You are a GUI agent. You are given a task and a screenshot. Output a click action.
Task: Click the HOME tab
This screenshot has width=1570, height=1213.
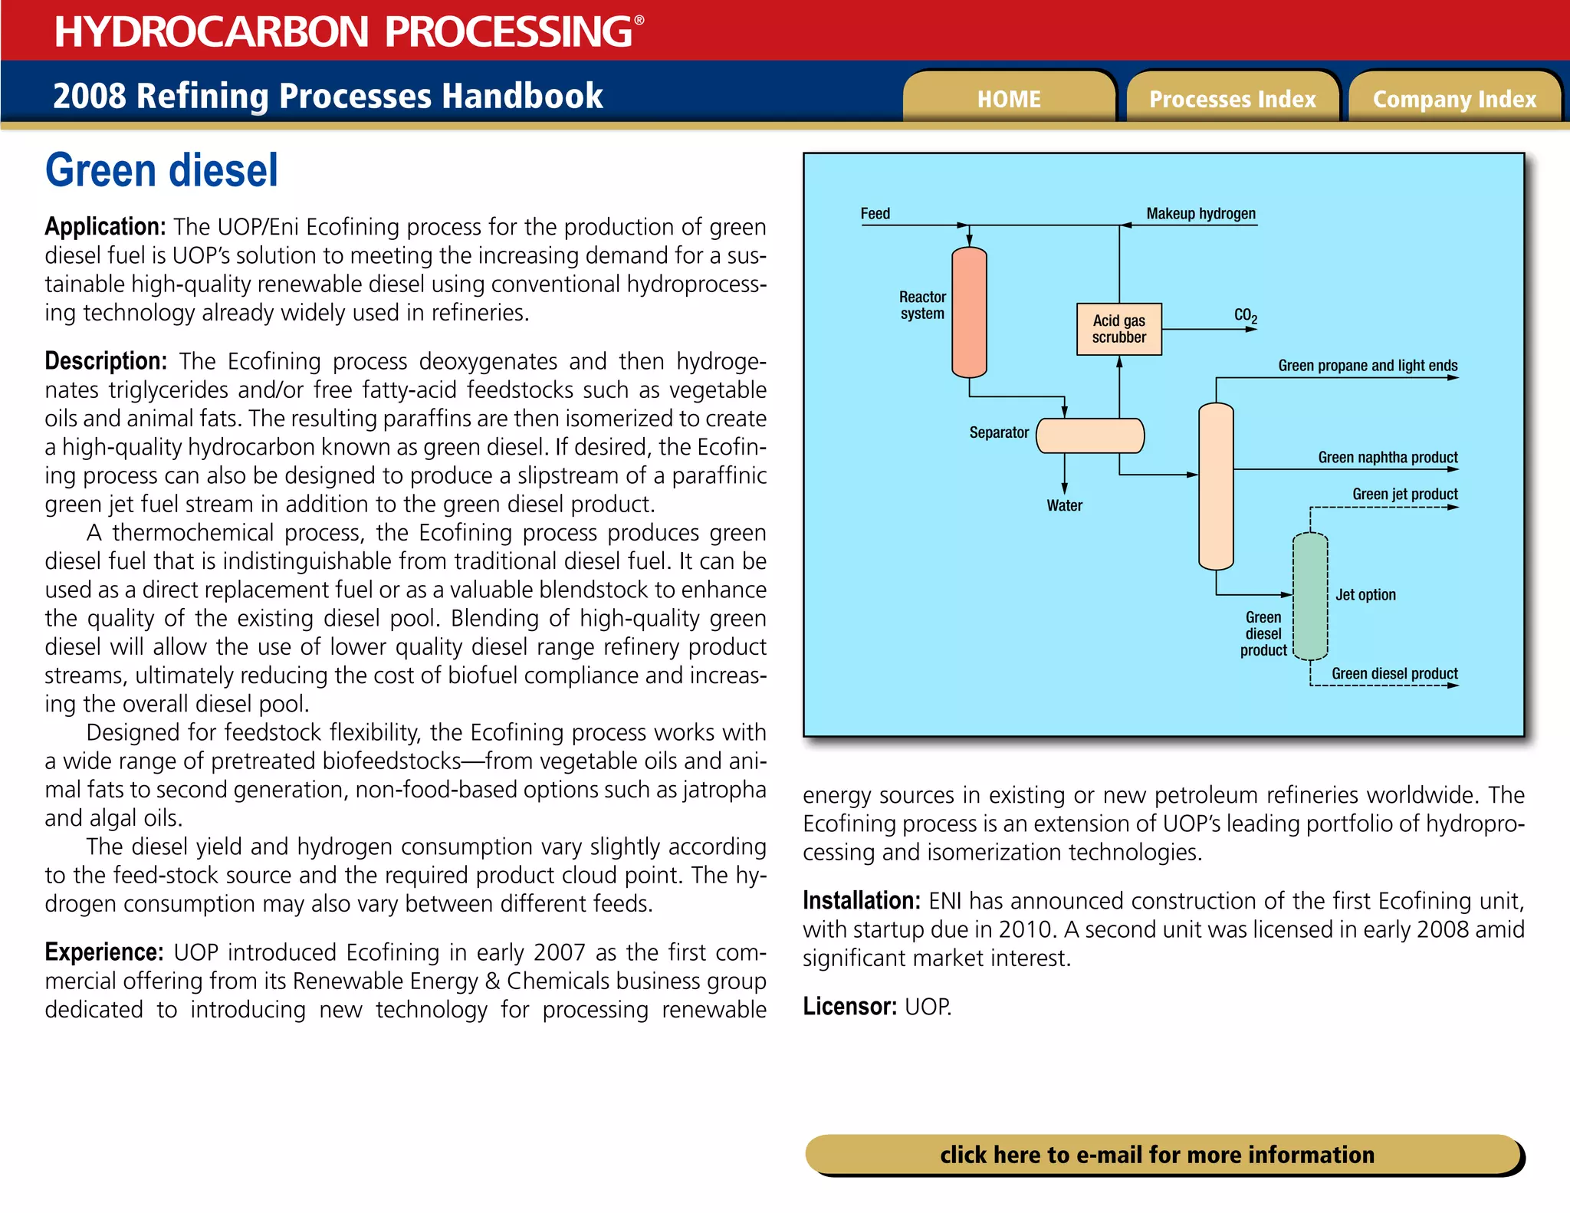pos(1009,99)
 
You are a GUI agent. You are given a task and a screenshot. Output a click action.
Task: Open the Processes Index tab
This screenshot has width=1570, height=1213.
pos(1232,99)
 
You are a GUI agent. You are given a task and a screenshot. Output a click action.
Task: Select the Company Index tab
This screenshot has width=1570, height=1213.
pos(1454,99)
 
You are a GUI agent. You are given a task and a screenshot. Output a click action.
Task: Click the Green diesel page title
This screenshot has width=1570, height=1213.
pos(162,170)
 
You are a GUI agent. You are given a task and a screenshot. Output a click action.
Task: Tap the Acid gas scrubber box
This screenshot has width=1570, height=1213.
pos(1118,329)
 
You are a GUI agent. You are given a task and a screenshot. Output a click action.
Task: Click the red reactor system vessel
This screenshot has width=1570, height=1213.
pos(969,312)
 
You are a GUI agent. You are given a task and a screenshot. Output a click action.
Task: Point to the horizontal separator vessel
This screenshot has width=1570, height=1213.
pos(1090,436)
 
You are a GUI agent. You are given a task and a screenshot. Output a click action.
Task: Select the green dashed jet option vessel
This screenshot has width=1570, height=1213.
pos(1310,597)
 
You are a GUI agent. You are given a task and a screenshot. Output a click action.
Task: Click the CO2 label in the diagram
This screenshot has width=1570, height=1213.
pos(1245,315)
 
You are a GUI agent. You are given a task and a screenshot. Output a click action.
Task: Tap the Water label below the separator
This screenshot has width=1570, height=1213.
pos(1064,505)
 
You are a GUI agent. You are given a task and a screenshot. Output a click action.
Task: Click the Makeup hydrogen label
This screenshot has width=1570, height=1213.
pos(1200,213)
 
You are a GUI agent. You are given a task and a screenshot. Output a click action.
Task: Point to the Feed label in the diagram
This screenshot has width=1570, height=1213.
pos(875,213)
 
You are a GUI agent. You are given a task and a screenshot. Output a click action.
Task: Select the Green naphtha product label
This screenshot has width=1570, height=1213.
pos(1388,457)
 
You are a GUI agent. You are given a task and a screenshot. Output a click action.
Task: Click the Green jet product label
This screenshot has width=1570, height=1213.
pos(1404,494)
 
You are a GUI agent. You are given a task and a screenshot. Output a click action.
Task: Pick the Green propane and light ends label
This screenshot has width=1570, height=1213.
pos(1368,365)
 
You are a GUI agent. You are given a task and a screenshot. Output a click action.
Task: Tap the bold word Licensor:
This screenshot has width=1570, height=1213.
pos(849,1006)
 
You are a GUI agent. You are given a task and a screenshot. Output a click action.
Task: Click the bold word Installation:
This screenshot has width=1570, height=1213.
pos(861,900)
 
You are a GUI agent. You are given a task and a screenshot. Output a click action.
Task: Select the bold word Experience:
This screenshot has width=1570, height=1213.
pos(103,952)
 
